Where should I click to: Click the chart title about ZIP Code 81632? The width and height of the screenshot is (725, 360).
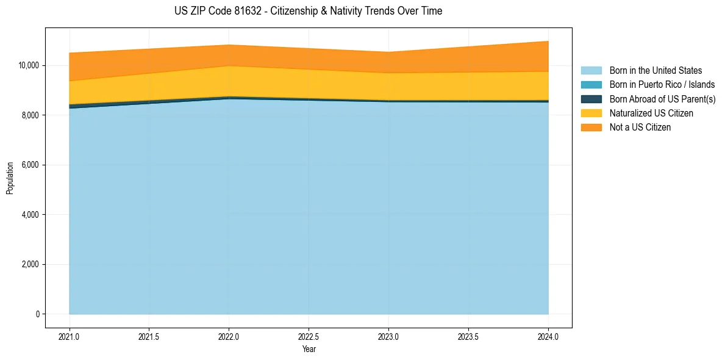coord(308,11)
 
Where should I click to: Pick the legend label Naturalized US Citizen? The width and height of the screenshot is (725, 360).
coord(651,113)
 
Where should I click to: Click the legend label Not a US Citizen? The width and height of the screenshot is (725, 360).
coord(640,128)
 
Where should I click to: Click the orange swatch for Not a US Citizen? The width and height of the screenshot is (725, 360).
coord(591,128)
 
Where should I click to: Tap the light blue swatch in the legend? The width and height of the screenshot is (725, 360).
coord(591,71)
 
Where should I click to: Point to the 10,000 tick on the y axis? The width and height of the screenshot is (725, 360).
coord(29,65)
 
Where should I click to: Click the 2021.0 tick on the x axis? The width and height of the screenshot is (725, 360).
coord(70,336)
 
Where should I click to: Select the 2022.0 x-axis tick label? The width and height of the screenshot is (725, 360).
coord(229,336)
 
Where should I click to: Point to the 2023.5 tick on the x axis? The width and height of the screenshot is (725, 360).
coord(468,336)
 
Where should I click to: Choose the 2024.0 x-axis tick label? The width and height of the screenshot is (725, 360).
coord(548,336)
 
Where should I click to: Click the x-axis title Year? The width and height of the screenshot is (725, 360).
coord(309,349)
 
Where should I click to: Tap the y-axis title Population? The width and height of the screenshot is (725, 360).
coord(10,178)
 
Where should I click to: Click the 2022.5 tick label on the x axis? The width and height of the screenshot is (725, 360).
coord(309,336)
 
